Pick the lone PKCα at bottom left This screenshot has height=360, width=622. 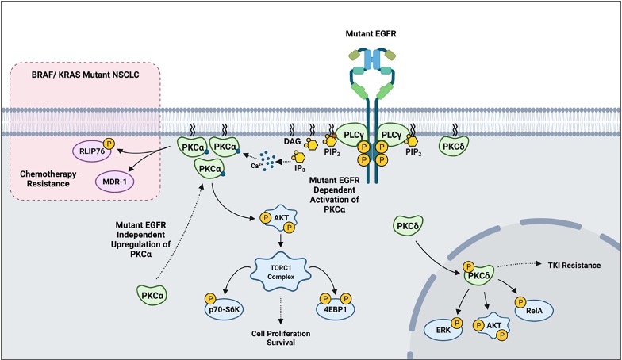[x=149, y=297]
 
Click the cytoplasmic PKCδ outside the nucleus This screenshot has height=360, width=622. [x=405, y=229]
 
